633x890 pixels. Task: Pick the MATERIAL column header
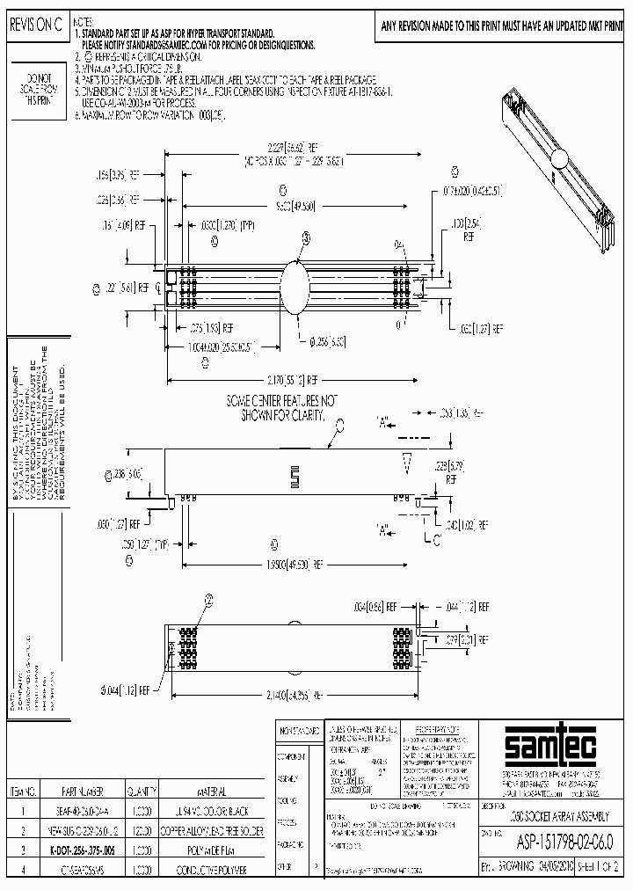click(211, 791)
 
